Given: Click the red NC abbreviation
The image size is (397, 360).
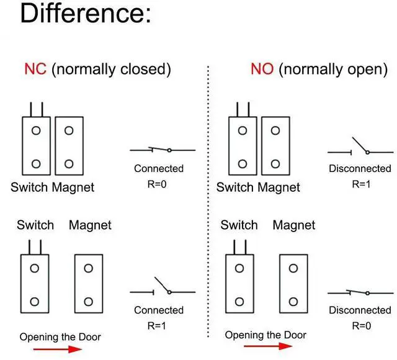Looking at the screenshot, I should coord(35,69).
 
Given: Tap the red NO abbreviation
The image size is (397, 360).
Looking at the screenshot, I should coord(262,69).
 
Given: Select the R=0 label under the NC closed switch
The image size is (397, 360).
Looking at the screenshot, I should coord(158,184).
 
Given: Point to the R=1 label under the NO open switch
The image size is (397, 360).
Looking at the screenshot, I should coord(360,184).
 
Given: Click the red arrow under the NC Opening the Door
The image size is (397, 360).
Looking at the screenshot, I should coord(57,349).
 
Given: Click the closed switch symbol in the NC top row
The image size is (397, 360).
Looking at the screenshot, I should coord(163,150).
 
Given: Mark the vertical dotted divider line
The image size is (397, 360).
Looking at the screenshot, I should coord(208,205).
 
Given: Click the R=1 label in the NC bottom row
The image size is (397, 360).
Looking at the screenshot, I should coord(158,325).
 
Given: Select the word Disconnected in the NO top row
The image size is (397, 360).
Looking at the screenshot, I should coord(360,169).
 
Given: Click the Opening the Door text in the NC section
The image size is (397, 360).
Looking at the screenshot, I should coord(60,337).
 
